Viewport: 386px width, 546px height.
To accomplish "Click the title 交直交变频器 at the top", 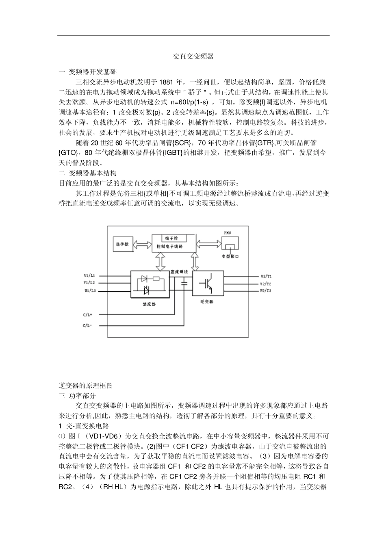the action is click(193, 56).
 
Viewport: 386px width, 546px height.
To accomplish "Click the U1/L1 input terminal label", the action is click(89, 275).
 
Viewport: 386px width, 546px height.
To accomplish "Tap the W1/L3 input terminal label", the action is click(89, 290).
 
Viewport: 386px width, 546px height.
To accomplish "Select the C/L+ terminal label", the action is click(88, 314).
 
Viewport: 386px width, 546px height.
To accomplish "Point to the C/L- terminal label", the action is click(88, 325).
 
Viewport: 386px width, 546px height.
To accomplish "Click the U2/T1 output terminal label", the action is click(266, 276).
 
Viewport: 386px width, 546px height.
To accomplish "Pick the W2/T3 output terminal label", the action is click(266, 291).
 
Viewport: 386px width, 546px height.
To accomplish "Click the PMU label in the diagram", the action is click(228, 232).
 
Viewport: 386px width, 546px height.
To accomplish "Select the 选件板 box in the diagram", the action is click(122, 245).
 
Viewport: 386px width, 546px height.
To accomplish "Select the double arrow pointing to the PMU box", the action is click(208, 244).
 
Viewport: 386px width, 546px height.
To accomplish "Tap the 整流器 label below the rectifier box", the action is click(149, 304).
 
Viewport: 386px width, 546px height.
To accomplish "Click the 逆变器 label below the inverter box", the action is click(206, 302).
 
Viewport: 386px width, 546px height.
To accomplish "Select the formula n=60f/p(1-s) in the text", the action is click(189, 102).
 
